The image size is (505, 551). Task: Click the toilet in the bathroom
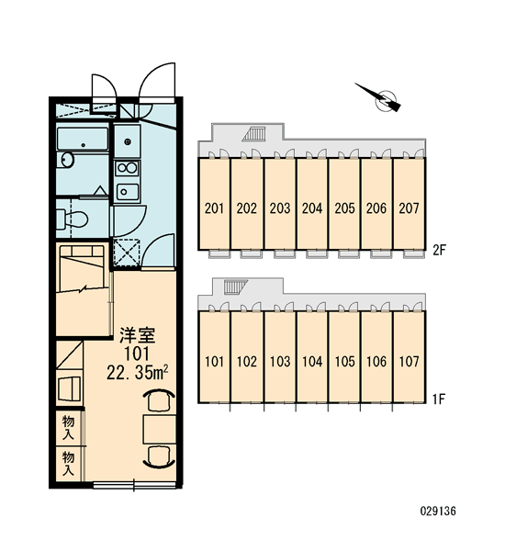coord(72,219)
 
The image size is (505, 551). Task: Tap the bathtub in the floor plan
coord(83,140)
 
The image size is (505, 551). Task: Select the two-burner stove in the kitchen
coord(128,168)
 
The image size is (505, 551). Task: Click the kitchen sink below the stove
coord(128,192)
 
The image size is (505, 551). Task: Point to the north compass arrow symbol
coord(380,98)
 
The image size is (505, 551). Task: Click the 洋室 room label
coord(137,334)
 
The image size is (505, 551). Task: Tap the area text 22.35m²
coord(137,373)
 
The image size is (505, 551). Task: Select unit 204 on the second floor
coord(312,208)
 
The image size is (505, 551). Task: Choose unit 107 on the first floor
coord(409,361)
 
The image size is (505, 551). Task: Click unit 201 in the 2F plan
coord(214,208)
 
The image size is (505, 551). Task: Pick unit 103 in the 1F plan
coord(280,361)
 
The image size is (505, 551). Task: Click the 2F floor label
coord(439,250)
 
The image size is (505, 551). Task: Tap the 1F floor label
coord(439,399)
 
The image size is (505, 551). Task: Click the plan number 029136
coord(438,511)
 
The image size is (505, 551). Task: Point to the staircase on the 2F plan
coord(253,135)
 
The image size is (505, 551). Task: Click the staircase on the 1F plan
coord(235,287)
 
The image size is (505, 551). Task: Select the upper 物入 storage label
coord(68,427)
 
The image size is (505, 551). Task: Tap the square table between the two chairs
coord(159,429)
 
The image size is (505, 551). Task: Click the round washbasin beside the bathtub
coord(66,160)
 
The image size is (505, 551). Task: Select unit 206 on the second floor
coord(376,208)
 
